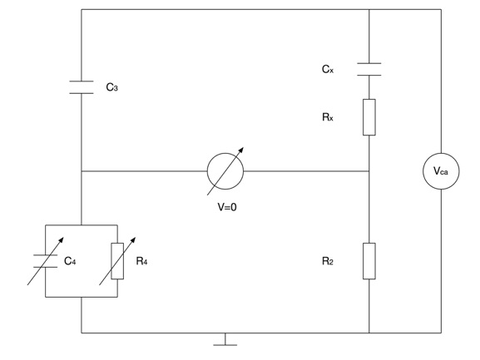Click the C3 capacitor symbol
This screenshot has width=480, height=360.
(x=82, y=87)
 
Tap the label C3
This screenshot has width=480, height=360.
(x=112, y=87)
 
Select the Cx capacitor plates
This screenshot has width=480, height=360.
(x=369, y=69)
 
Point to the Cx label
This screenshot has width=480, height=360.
(x=328, y=69)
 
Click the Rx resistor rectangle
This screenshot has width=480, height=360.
(x=369, y=117)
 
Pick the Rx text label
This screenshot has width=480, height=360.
(x=328, y=117)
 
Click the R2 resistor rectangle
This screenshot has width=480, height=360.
(x=369, y=261)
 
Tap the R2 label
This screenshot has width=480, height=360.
(x=328, y=261)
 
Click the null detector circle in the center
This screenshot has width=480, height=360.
(x=225, y=153)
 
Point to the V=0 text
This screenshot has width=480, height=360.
(x=227, y=207)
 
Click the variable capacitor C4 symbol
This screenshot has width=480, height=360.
(x=45, y=261)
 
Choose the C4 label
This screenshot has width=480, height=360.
(x=70, y=261)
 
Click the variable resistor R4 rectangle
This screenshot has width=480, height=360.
(x=117, y=261)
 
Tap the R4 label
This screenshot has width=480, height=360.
(x=141, y=261)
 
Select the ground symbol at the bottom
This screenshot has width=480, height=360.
(x=225, y=340)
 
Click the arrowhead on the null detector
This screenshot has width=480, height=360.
(x=241, y=150)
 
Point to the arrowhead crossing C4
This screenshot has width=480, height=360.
(x=62, y=239)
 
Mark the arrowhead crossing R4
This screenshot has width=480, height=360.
(x=133, y=239)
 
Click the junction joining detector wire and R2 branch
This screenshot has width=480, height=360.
(x=369, y=171)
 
